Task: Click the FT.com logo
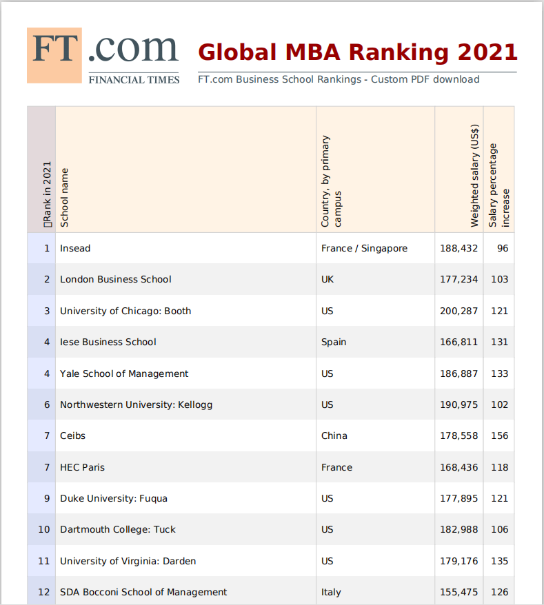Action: click(x=103, y=56)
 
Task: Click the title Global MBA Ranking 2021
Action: click(x=357, y=52)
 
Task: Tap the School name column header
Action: click(x=65, y=196)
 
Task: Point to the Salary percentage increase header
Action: click(x=499, y=185)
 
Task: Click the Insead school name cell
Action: click(x=75, y=248)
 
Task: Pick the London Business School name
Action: click(x=115, y=279)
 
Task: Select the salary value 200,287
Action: click(x=459, y=311)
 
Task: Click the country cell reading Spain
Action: click(x=334, y=342)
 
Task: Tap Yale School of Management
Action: click(x=124, y=373)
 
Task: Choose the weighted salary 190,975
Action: click(x=459, y=404)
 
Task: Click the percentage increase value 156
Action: click(x=499, y=435)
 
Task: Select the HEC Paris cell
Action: click(x=82, y=467)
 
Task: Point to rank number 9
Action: click(x=47, y=498)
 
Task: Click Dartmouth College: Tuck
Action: click(x=118, y=529)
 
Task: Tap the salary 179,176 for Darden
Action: click(x=459, y=561)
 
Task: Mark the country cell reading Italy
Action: click(x=331, y=592)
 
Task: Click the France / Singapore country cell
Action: click(x=364, y=248)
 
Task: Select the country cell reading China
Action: click(x=334, y=435)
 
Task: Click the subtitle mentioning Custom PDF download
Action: click(x=338, y=79)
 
